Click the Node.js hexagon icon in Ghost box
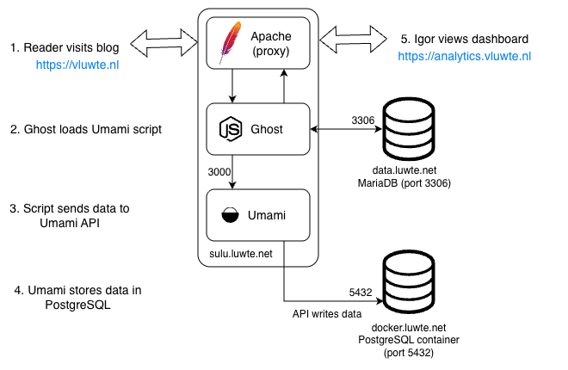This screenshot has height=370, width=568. [x=231, y=129]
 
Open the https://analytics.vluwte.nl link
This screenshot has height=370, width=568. [x=465, y=57]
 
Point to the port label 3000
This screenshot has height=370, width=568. [x=220, y=172]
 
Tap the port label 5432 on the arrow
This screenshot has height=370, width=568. [x=360, y=293]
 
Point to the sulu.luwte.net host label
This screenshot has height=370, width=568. [x=243, y=255]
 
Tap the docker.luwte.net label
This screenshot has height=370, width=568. [x=410, y=328]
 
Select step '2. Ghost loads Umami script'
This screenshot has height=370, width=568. [x=85, y=130]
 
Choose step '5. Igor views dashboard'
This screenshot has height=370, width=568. [x=465, y=40]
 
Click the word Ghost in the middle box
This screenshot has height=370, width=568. [x=268, y=129]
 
